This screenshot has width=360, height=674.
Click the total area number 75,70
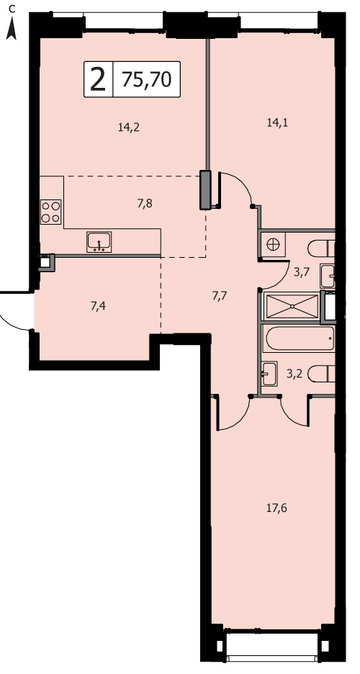point(147,79)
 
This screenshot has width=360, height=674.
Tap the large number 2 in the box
point(98,79)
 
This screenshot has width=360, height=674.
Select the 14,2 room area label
point(129,127)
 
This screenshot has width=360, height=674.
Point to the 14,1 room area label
point(277,123)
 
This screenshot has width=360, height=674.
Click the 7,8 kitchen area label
point(145,204)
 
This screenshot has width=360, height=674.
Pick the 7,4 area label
point(99,306)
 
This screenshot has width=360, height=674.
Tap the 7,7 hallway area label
point(220,295)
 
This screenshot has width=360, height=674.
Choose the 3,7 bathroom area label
point(301,272)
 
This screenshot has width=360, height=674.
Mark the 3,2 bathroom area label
point(294,374)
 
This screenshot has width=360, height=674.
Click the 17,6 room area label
point(277,508)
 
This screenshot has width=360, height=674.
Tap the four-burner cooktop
point(50,212)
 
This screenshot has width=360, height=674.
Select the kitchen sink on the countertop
point(99,242)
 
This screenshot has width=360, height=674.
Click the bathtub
point(300,338)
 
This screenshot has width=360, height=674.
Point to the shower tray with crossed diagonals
point(292,307)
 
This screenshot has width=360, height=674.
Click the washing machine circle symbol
point(273,245)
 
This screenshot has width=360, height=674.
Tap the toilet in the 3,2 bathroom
point(321,373)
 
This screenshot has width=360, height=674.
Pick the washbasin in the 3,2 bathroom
point(269,374)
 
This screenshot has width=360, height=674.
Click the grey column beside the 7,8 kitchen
point(206,190)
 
